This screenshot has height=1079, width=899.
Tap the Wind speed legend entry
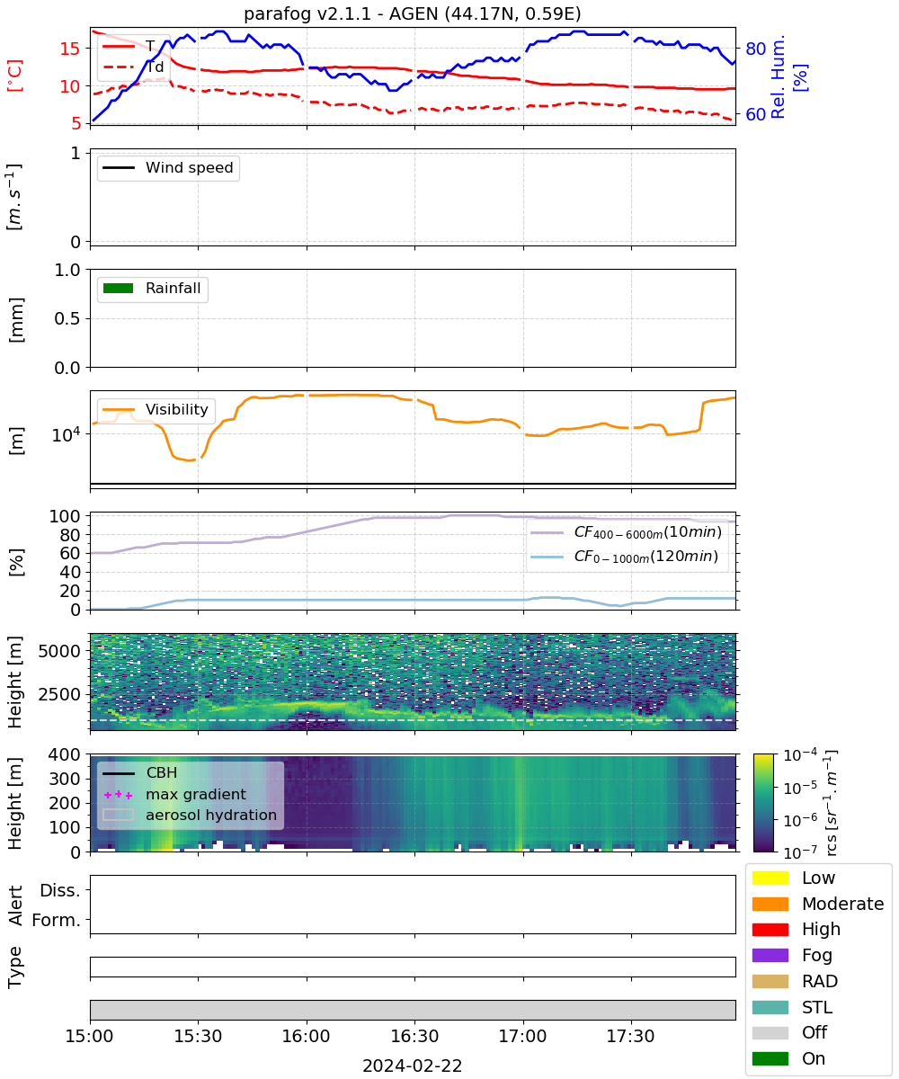168,167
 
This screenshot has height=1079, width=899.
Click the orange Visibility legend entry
155,409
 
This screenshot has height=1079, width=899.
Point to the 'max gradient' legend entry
174,794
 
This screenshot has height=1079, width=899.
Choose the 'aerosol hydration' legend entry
190,815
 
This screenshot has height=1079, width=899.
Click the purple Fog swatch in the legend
770,955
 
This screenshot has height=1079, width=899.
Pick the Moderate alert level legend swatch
770,904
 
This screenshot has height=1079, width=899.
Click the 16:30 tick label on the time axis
414,1036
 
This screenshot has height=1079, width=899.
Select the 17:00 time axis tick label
522,1036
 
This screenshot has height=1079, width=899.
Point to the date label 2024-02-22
413,1065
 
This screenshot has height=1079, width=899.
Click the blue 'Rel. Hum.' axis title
778,76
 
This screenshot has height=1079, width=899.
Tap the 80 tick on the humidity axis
755,49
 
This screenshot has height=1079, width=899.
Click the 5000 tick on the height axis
59,651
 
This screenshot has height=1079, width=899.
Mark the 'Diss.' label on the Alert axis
60,890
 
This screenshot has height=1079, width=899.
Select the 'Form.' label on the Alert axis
57,920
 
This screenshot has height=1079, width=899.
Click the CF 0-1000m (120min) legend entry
625,557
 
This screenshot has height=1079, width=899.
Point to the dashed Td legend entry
133,67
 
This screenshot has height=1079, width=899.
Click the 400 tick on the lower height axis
64,754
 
